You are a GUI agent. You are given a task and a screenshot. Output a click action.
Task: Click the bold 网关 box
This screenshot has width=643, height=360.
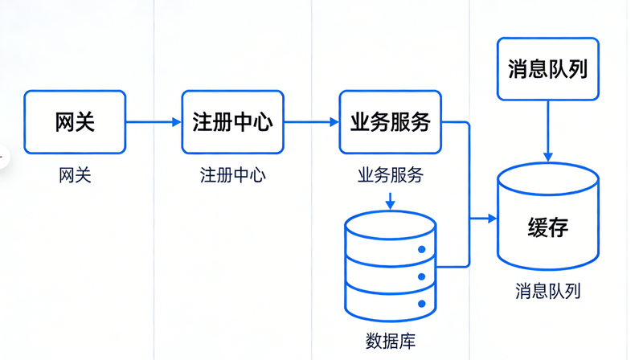[75, 122]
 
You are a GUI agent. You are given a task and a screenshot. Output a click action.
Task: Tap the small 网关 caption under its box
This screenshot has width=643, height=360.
[75, 175]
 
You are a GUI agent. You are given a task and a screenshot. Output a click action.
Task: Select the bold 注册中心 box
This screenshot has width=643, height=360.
[232, 122]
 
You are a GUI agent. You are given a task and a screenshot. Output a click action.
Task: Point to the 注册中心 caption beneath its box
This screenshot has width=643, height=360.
[232, 175]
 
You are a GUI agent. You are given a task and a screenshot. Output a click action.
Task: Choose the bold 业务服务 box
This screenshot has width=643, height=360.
[390, 122]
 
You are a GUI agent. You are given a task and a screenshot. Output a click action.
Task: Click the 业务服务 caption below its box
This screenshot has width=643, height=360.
[390, 175]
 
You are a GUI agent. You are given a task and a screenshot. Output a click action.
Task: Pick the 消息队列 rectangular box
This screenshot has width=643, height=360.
[547, 69]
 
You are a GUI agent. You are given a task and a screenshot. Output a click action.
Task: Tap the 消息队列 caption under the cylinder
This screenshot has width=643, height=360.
[547, 291]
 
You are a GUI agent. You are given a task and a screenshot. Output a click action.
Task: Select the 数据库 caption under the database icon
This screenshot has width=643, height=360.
[390, 340]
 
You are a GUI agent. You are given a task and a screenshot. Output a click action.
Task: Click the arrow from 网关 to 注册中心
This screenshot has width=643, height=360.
[154, 122]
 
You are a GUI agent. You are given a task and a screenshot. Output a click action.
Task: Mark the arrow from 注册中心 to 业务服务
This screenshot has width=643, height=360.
[311, 122]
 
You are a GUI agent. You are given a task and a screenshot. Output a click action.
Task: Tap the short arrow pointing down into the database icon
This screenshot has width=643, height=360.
[390, 201]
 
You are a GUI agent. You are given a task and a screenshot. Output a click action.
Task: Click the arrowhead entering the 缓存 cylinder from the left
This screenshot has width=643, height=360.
[491, 219]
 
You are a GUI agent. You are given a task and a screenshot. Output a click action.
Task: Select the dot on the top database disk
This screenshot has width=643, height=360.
[420, 249]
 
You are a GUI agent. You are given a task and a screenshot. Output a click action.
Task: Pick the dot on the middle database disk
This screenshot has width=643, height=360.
[420, 276]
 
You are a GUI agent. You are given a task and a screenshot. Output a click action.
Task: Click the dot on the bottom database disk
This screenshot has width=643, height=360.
[420, 304]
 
